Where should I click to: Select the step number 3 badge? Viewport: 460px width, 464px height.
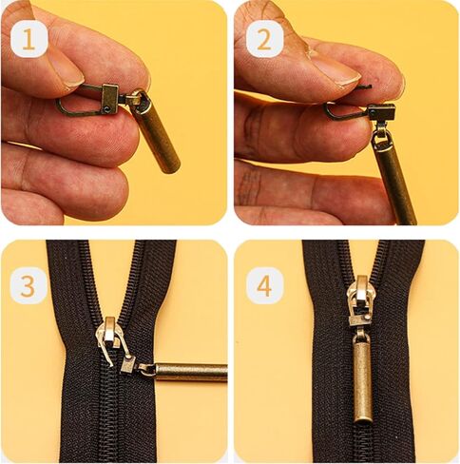click(x=29, y=284)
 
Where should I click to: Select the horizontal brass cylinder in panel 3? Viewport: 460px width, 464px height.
click(x=190, y=372)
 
